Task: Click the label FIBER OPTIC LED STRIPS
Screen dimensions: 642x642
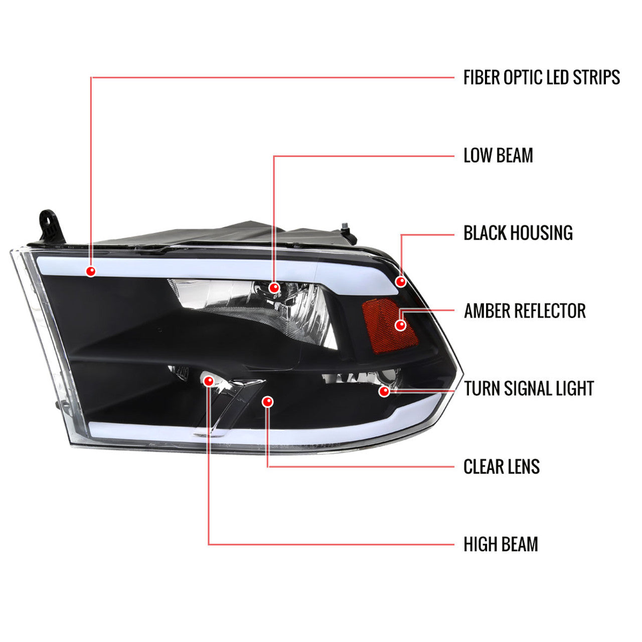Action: point(541,77)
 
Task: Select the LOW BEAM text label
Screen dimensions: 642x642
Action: point(498,155)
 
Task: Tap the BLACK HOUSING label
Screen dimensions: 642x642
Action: point(518,233)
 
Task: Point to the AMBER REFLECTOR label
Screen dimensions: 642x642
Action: point(525,310)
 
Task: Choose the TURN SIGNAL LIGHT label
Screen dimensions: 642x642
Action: point(529,389)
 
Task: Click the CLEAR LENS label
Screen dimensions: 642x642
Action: point(502,466)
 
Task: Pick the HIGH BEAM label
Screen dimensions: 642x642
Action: point(501,544)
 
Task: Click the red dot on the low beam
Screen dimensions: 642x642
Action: point(274,287)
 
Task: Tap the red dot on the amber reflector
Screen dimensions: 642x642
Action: point(400,325)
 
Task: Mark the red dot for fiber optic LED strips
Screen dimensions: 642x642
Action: point(91,271)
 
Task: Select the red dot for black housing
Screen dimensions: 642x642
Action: point(401,281)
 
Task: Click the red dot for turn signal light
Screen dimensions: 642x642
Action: point(385,391)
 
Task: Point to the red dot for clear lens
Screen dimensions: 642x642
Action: point(267,402)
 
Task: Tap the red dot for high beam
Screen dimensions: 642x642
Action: point(209,381)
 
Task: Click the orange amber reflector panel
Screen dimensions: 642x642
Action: point(390,326)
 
